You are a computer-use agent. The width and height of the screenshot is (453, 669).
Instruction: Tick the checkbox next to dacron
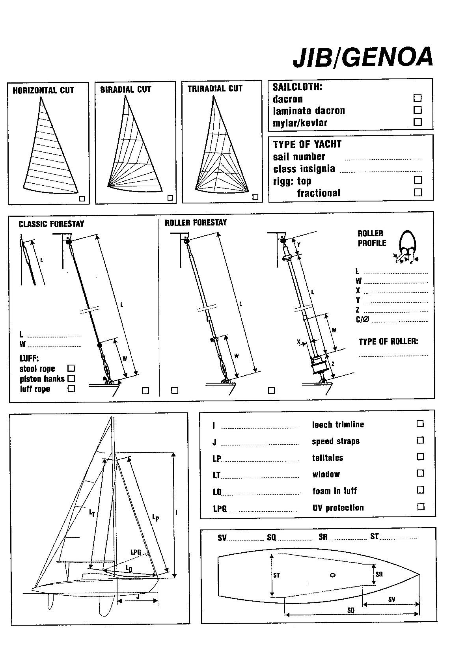(418, 98)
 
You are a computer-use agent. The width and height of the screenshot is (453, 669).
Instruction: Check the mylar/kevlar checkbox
(418, 122)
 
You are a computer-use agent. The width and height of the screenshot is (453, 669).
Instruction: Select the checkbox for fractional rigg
(418, 192)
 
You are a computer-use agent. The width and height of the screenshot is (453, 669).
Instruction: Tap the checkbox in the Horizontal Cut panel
(82, 199)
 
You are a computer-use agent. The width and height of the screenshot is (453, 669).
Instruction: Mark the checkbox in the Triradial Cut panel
(255, 197)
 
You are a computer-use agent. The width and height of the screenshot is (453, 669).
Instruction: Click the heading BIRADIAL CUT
(126, 89)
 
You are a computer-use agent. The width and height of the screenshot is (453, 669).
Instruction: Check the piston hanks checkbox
(71, 378)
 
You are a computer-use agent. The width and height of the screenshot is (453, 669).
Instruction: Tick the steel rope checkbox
(71, 368)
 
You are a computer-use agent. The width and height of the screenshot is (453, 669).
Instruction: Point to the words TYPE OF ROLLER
(388, 342)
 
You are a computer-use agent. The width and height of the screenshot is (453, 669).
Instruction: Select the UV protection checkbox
(421, 507)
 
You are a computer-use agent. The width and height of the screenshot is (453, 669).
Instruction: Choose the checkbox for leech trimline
(420, 424)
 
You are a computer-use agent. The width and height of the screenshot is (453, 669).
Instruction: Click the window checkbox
(421, 473)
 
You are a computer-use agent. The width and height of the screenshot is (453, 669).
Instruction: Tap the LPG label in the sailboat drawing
(136, 552)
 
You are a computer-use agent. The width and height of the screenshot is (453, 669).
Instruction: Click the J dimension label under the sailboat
(138, 597)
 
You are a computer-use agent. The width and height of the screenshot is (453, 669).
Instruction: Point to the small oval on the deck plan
(332, 575)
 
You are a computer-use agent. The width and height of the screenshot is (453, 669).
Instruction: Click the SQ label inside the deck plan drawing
(350, 610)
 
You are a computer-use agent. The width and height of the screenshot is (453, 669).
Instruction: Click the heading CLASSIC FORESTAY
(51, 224)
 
